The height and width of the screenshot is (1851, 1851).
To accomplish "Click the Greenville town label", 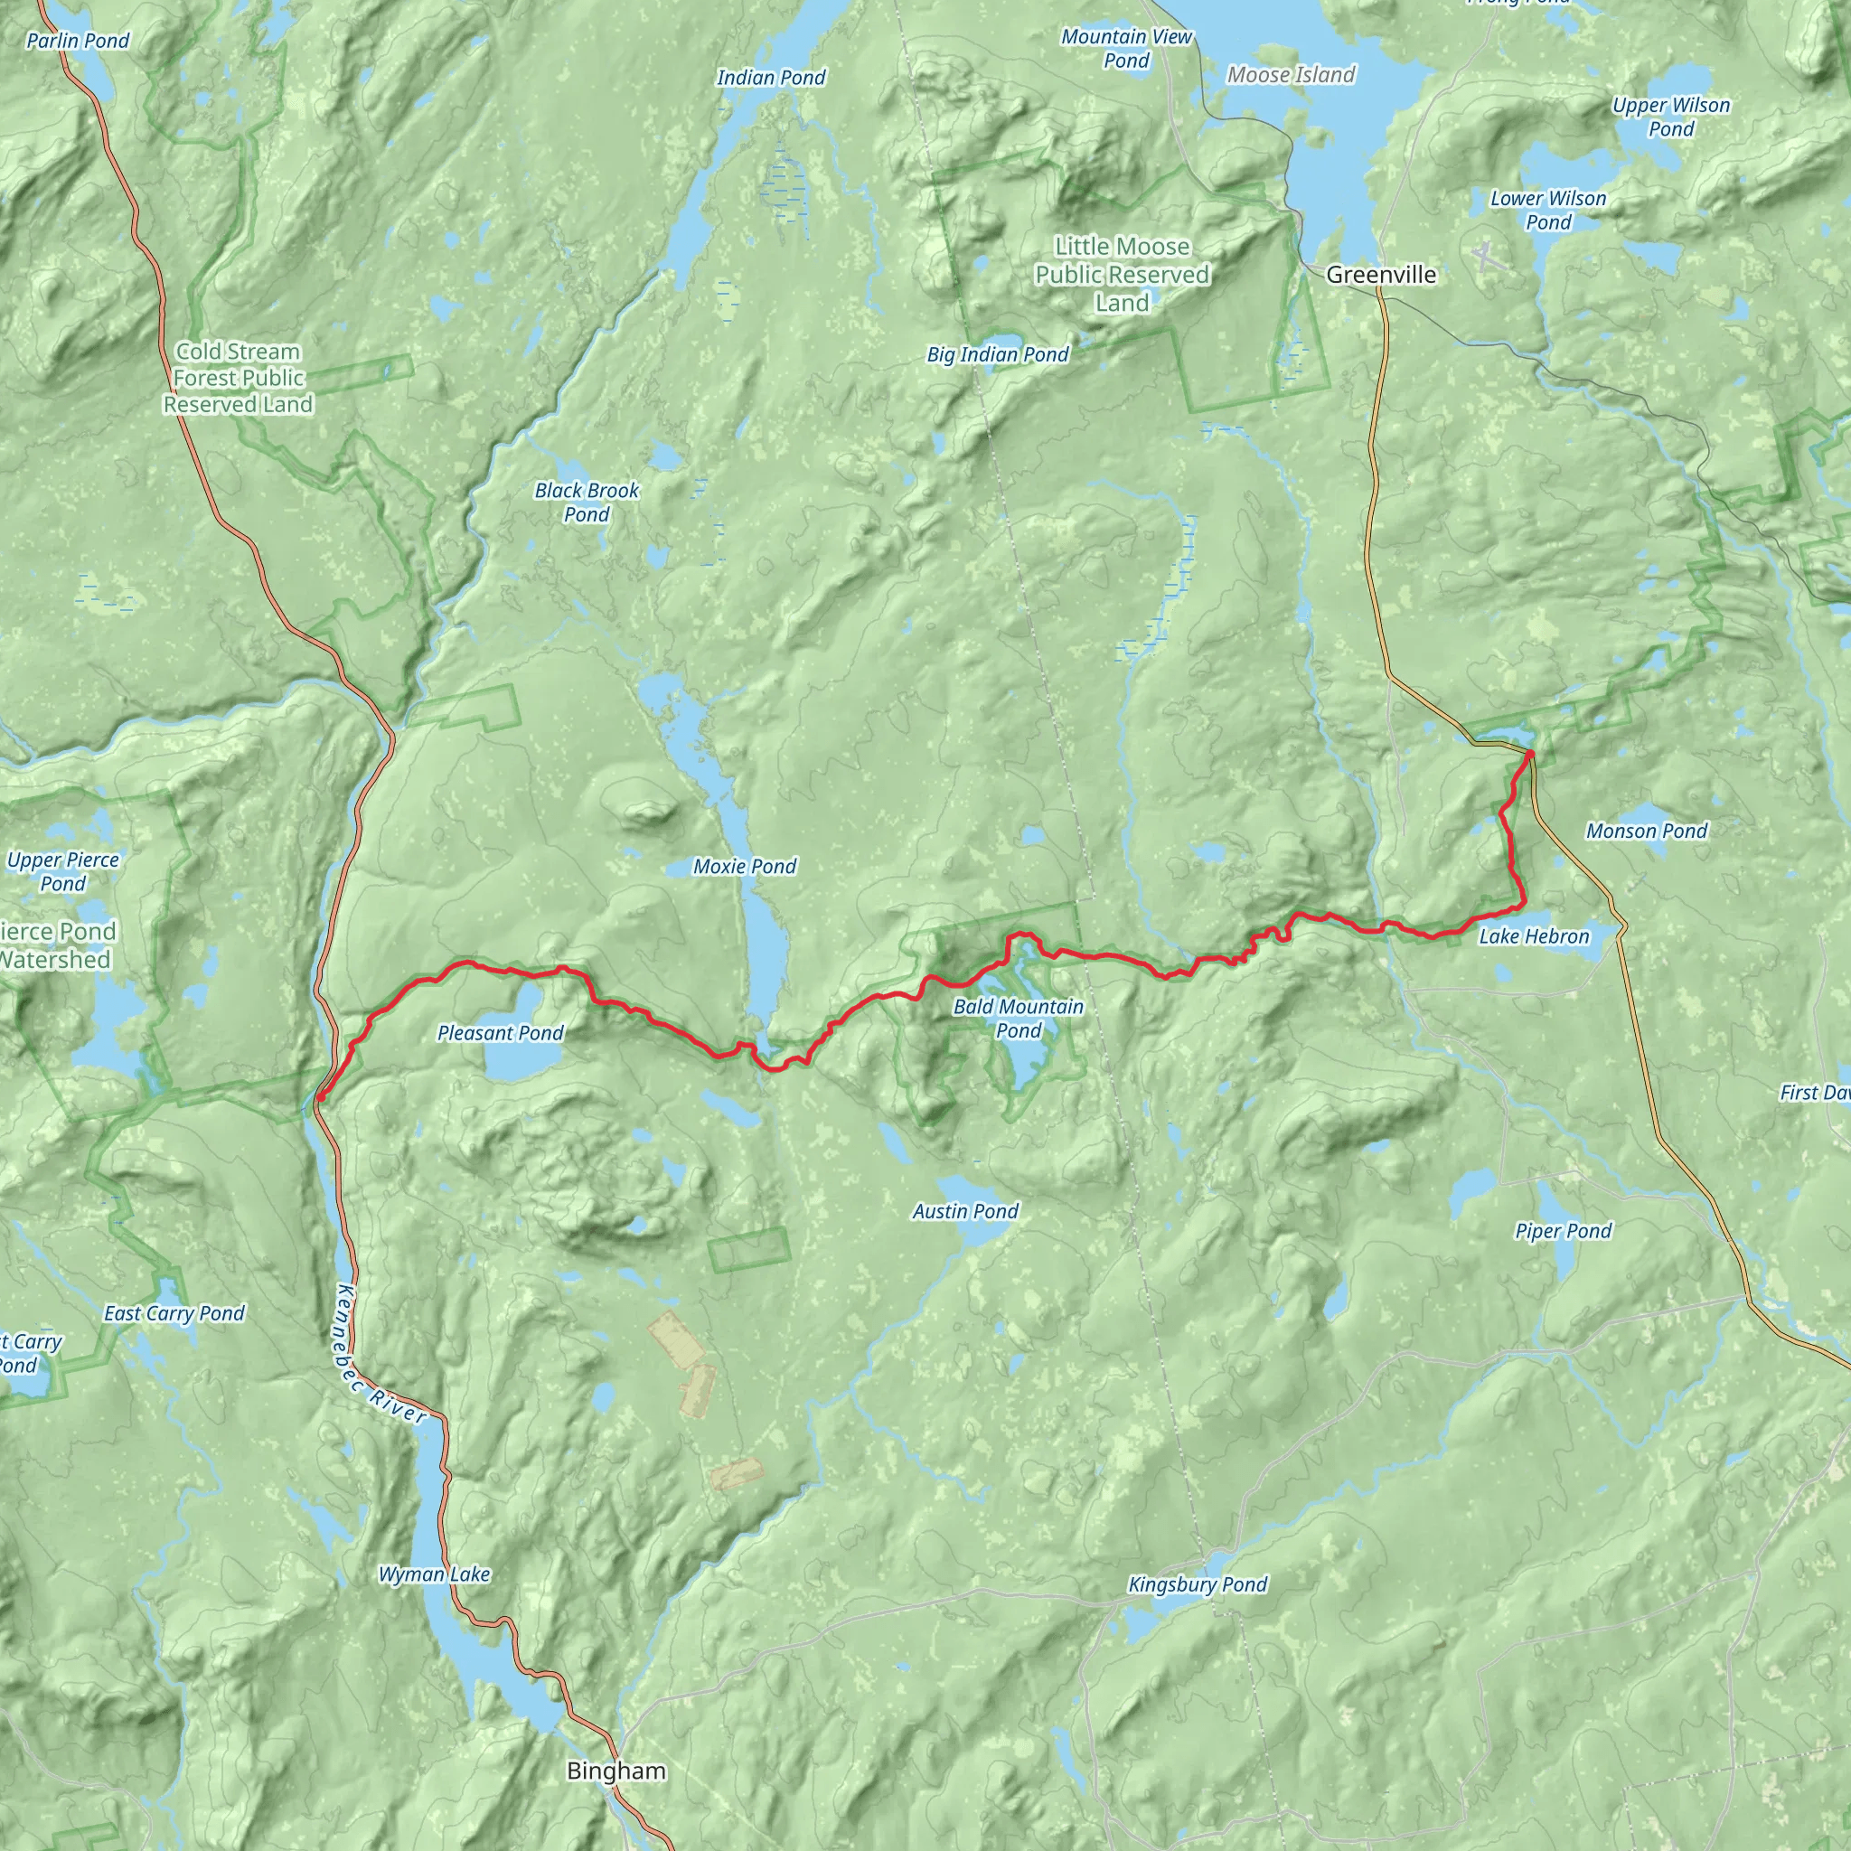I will pos(1381,275).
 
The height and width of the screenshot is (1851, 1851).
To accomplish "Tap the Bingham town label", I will pos(616,1771).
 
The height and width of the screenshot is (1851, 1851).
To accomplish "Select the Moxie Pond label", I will pos(745,866).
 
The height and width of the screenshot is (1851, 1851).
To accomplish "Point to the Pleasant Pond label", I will pos(500,1033).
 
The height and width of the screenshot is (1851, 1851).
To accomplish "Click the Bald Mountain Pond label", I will pos(1018,1019).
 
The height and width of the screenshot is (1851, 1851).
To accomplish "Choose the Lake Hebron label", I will pos(1533,936).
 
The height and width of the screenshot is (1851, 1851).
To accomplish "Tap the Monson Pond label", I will pos(1646,831).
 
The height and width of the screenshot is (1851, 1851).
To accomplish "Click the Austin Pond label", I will pos(964,1211).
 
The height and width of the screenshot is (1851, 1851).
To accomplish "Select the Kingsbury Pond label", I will pos(1198,1584).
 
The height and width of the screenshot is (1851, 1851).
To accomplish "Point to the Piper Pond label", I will pos(1564,1231).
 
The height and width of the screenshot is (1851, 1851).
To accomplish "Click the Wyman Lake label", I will pos(434,1574).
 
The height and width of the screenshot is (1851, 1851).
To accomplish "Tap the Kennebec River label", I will pos(381,1353).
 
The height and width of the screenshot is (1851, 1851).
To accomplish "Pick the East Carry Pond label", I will pos(174,1312).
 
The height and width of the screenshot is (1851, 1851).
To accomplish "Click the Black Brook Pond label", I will pos(587,502).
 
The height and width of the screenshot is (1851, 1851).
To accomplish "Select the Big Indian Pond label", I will pos(998,354).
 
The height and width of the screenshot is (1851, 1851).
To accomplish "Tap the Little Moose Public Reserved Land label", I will pos(1122,275).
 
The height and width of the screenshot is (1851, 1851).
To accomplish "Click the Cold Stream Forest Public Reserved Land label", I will pos(238,378).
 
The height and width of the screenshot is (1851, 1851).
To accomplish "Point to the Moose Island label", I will pos(1291,75).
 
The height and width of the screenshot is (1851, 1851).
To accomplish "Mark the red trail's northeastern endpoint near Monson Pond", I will pos(1530,755).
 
